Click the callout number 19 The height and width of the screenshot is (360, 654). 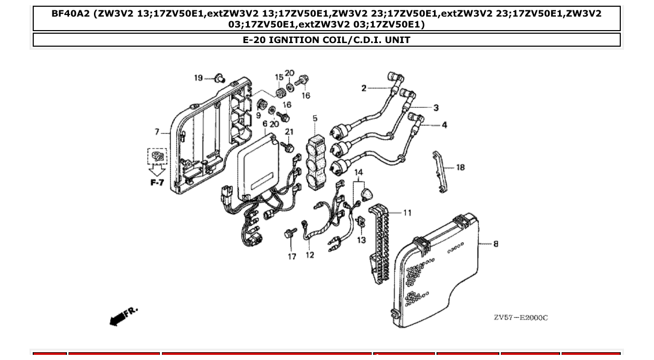pyautogui.click(x=198, y=78)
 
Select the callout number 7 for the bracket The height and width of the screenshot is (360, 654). pyautogui.click(x=157, y=132)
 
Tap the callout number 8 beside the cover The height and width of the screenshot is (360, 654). pyautogui.click(x=496, y=243)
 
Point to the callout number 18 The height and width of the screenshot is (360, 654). pyautogui.click(x=460, y=168)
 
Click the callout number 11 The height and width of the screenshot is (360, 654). pyautogui.click(x=407, y=213)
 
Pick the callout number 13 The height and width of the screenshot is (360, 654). pyautogui.click(x=361, y=240)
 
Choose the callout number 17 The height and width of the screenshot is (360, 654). pyautogui.click(x=292, y=256)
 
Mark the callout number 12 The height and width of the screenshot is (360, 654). pyautogui.click(x=310, y=255)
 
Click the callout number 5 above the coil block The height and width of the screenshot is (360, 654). pyautogui.click(x=315, y=119)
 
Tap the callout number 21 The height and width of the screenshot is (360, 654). pyautogui.click(x=289, y=132)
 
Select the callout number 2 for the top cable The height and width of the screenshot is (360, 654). pyautogui.click(x=364, y=88)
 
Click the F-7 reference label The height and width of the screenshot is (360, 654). pyautogui.click(x=157, y=183)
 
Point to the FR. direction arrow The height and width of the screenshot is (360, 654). pyautogui.click(x=124, y=315)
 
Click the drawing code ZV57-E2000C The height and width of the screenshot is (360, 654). pyautogui.click(x=520, y=317)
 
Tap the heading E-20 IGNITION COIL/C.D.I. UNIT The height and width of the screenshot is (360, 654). pyautogui.click(x=326, y=40)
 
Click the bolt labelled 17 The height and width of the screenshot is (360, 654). pyautogui.click(x=290, y=234)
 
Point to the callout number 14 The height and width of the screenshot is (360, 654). pyautogui.click(x=358, y=172)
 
